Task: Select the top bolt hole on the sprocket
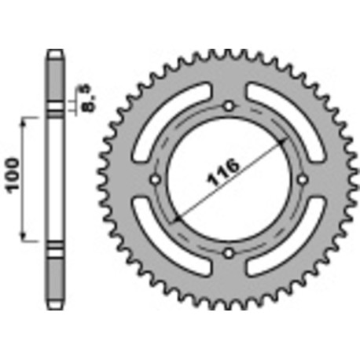pos(229,106)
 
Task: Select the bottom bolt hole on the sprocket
pos(229,252)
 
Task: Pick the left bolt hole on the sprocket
pos(156,179)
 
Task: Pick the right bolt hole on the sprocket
pos(302,179)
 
